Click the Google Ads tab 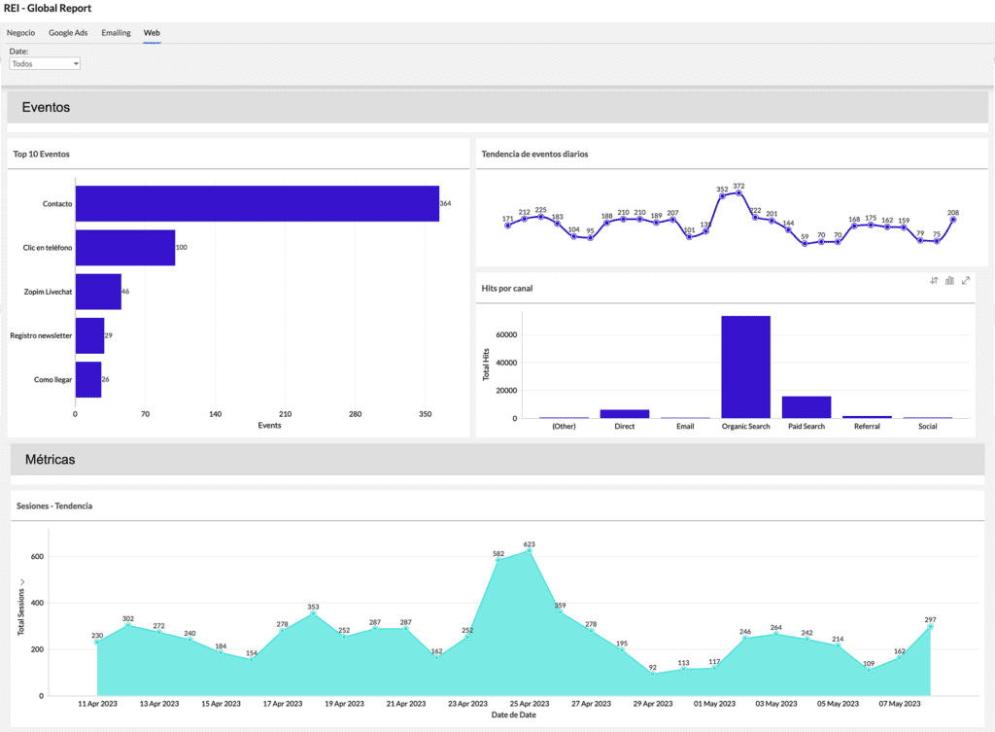pyautogui.click(x=68, y=33)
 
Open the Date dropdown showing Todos pyautogui.click(x=45, y=63)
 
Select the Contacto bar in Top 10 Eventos pyautogui.click(x=257, y=203)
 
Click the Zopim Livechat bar pyautogui.click(x=98, y=292)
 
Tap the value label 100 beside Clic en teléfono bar pyautogui.click(x=181, y=248)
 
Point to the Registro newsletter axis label pyautogui.click(x=41, y=335)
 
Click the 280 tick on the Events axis pyautogui.click(x=355, y=414)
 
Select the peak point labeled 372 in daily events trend pyautogui.click(x=739, y=193)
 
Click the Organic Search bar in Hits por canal pyautogui.click(x=745, y=366)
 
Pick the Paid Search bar pyautogui.click(x=806, y=406)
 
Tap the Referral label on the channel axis pyautogui.click(x=867, y=427)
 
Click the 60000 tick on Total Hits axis pyautogui.click(x=504, y=335)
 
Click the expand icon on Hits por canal pyautogui.click(x=966, y=281)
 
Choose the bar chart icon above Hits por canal pyautogui.click(x=949, y=281)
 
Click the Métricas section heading pyautogui.click(x=49, y=459)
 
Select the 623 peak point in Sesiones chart pyautogui.click(x=530, y=551)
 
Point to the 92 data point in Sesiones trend pyautogui.click(x=653, y=674)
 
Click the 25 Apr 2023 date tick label pyautogui.click(x=530, y=703)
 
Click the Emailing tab pyautogui.click(x=116, y=33)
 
